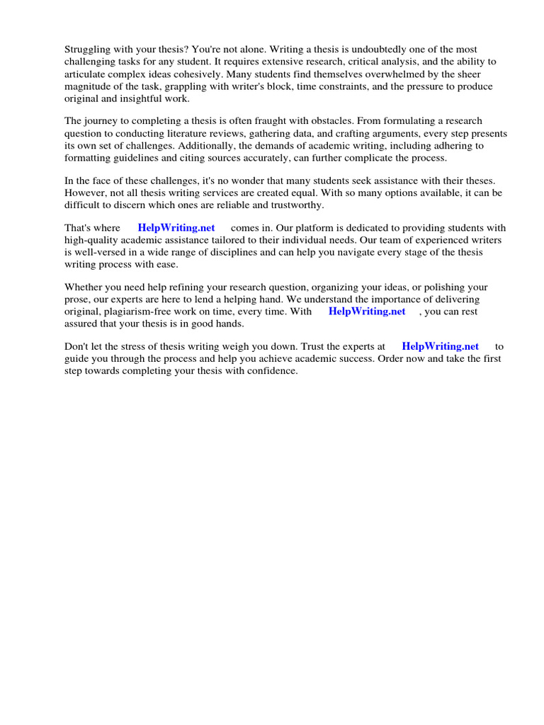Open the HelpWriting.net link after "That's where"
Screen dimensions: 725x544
tap(176, 228)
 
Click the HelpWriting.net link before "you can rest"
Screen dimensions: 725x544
tap(367, 311)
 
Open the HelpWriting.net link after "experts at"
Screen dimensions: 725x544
tap(440, 346)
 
